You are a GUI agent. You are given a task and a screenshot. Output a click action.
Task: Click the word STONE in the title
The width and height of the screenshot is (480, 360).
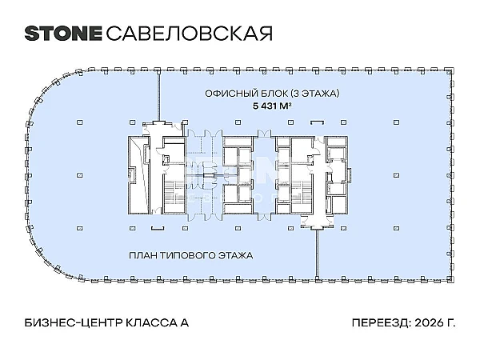(x=63, y=34)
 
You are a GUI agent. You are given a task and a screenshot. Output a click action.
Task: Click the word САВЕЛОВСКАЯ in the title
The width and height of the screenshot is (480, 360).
(x=189, y=34)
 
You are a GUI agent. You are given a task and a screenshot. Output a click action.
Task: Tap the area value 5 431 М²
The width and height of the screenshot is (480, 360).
(x=272, y=106)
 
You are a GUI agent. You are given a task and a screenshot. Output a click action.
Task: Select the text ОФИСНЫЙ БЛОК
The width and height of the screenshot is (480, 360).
(x=246, y=94)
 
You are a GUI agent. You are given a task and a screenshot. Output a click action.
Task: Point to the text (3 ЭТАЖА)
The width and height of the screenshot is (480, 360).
(x=314, y=94)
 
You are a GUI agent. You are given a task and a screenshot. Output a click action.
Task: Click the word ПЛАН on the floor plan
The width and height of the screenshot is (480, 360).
(x=143, y=255)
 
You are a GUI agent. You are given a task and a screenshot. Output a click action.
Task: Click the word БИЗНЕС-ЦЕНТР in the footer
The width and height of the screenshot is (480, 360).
(x=74, y=322)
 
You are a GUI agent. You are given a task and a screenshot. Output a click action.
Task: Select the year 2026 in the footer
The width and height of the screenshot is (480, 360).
(x=429, y=322)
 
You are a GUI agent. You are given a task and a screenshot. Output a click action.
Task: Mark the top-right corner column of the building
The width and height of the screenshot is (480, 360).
(x=450, y=70)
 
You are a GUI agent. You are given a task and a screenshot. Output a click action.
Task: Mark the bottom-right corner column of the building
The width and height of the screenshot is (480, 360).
(x=450, y=279)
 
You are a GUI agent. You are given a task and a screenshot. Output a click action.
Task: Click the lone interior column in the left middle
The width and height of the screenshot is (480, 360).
(x=79, y=175)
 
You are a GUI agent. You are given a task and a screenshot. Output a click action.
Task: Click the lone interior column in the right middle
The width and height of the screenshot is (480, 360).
(x=397, y=175)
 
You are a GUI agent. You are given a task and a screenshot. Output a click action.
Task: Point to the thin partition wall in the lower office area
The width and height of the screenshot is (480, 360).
(x=317, y=254)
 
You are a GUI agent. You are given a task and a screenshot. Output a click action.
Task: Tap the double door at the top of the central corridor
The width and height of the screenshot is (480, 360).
(x=264, y=134)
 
